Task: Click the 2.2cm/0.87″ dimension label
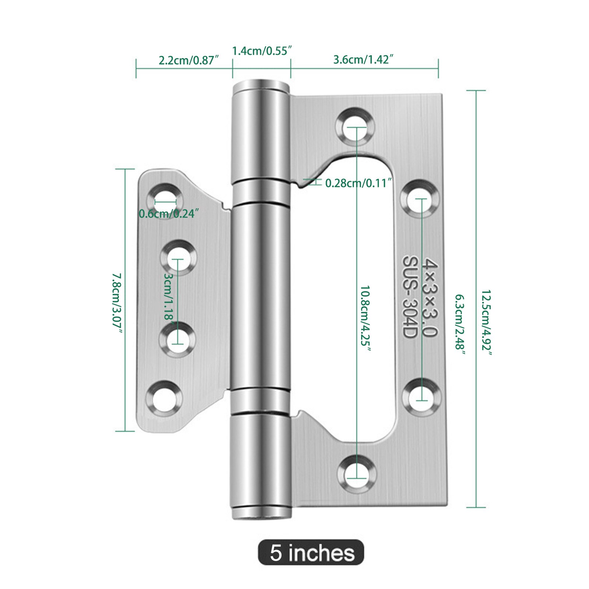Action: point(189,60)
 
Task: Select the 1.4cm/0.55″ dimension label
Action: point(262,51)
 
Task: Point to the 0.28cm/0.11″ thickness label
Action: point(358,183)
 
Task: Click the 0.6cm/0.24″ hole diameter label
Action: point(169,214)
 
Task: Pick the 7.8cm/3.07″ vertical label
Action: point(117,303)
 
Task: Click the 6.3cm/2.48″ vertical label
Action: point(460,324)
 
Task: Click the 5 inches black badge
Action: point(311,552)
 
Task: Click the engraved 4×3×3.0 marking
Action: point(430,297)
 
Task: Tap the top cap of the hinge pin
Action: point(260,85)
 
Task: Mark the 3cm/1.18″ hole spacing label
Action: point(169,297)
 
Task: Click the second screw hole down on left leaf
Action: point(178,258)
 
